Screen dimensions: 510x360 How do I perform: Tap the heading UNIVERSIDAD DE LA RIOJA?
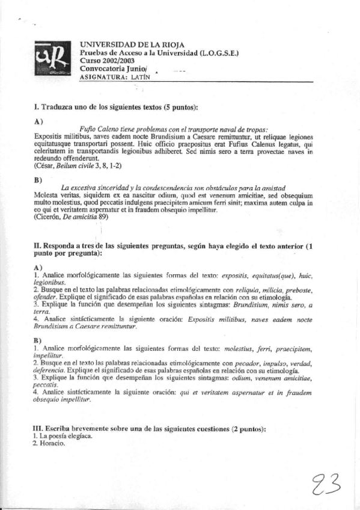tap(132, 45)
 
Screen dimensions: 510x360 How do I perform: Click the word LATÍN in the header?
tap(142, 77)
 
